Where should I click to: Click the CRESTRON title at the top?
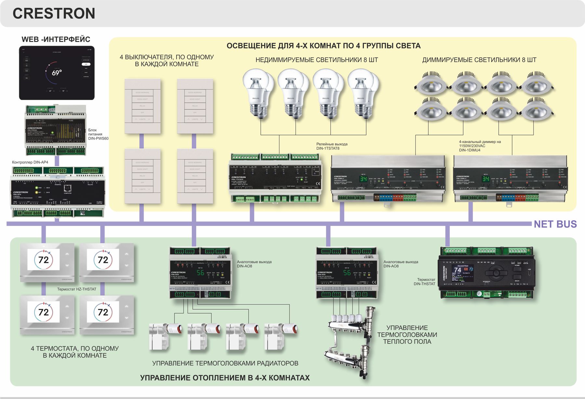coord(54,14)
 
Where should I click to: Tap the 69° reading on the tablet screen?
coord(57,73)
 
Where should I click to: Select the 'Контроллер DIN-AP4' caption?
coord(30,162)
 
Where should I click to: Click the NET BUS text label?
coord(555,224)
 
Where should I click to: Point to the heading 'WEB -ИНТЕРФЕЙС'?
coord(56,39)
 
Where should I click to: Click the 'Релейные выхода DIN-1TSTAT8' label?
coord(332,146)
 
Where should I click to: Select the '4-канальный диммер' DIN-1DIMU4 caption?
coord(480,146)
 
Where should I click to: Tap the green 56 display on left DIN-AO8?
coord(200,273)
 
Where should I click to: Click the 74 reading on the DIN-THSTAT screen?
coord(458,270)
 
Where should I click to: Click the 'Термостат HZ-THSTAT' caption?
coord(77,289)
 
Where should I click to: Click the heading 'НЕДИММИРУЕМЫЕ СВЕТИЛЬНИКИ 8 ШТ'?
coord(317,60)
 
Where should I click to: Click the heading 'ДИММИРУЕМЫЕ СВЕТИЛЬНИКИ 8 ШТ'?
coord(479,60)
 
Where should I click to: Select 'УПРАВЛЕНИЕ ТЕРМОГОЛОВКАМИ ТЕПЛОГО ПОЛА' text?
coord(407,335)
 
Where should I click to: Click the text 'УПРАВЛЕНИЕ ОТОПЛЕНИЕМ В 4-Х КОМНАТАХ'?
coord(225,378)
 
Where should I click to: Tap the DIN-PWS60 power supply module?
coord(56,130)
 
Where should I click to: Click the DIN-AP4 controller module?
coord(58,192)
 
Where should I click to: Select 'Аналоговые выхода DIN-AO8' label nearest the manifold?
coord(400,264)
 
